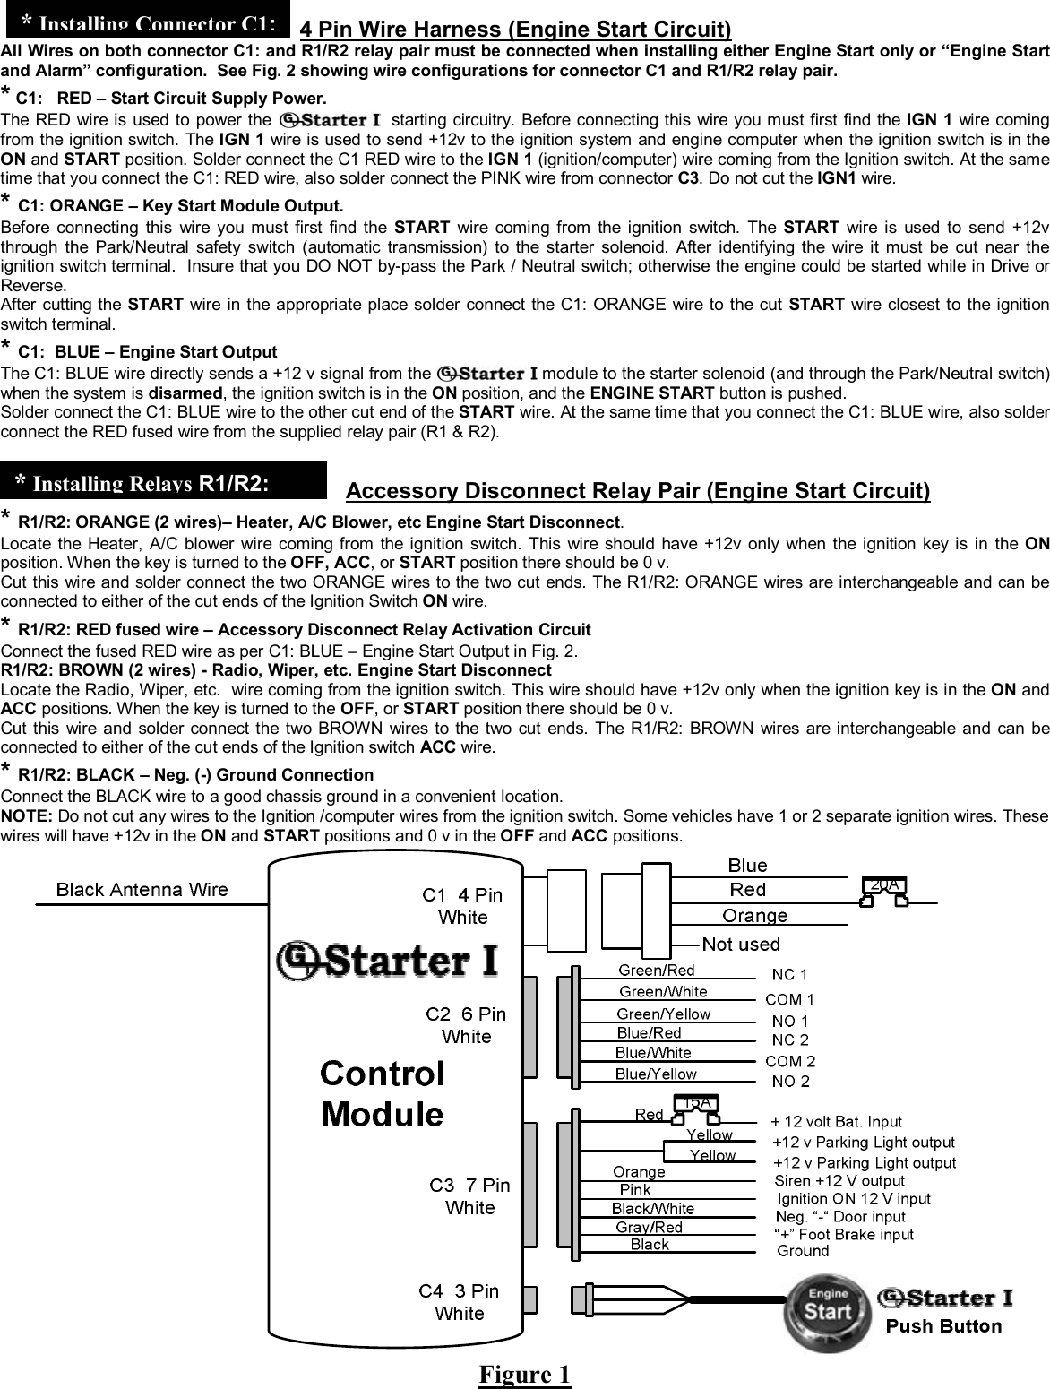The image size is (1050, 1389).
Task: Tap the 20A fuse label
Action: pyautogui.click(x=883, y=884)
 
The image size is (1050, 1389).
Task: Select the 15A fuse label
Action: pyautogui.click(x=696, y=1102)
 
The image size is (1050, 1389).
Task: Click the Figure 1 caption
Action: pyautogui.click(x=524, y=1374)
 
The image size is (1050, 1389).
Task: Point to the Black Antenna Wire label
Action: pyautogui.click(x=142, y=890)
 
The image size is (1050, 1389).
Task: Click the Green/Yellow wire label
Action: pyautogui.click(x=664, y=1014)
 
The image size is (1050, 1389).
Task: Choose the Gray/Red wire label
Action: pyautogui.click(x=650, y=1227)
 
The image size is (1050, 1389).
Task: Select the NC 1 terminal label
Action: pyautogui.click(x=789, y=974)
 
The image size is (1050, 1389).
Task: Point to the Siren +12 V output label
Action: pyautogui.click(x=839, y=1180)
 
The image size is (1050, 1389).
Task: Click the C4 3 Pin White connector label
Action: pyautogui.click(x=459, y=1302)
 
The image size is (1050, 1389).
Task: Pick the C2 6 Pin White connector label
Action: pyautogui.click(x=466, y=1025)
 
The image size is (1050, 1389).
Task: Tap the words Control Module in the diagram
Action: pyautogui.click(x=383, y=1093)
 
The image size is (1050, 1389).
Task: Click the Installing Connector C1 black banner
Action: pyautogui.click(x=148, y=19)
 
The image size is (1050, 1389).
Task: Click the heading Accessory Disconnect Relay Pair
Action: pyautogui.click(x=638, y=491)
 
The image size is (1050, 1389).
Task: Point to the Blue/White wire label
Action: pyautogui.click(x=653, y=1053)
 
